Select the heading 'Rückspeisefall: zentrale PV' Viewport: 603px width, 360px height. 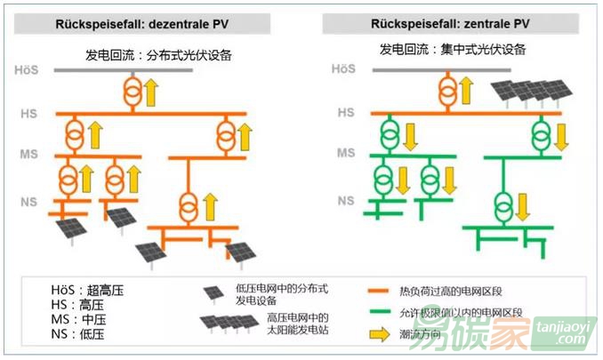(452, 24)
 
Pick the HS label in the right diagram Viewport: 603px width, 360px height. (346, 113)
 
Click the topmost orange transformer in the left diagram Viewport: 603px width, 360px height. (131, 90)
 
